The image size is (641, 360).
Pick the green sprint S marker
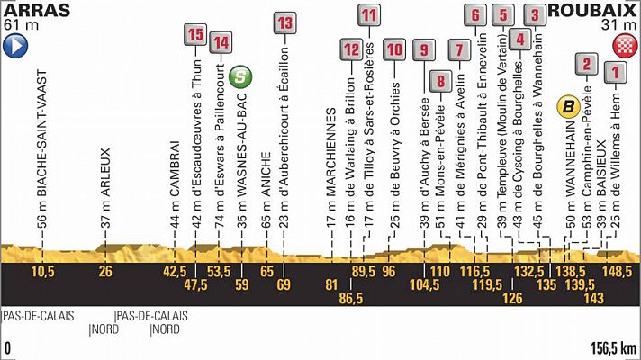[239, 77]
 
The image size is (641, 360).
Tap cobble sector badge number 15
[194, 36]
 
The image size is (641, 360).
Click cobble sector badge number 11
[368, 15]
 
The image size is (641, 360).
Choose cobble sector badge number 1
[615, 72]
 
